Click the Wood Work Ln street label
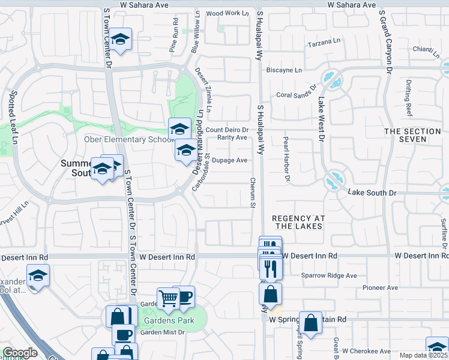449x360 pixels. tap(227, 13)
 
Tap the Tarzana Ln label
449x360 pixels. tap(325, 45)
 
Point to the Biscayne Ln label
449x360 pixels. tap(284, 70)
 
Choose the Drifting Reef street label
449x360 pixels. tap(409, 98)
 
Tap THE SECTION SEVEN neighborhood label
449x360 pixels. tap(414, 135)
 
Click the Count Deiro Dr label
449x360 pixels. tap(227, 130)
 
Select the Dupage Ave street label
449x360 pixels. tap(230, 160)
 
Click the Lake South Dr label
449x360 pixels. tap(373, 193)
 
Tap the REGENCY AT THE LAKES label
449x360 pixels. tap(298, 222)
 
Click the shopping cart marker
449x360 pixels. tap(169, 298)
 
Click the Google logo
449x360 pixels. tap(20, 353)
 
